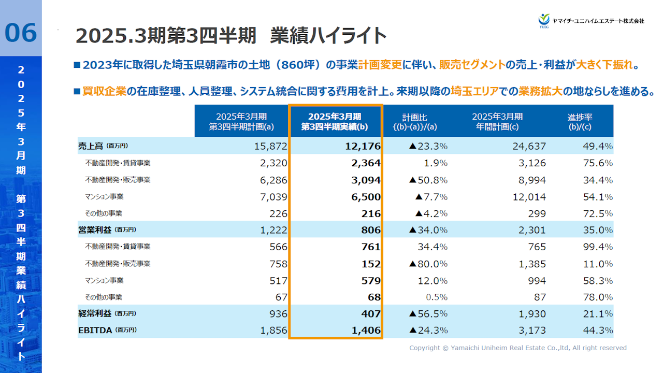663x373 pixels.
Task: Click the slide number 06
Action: pyautogui.click(x=21, y=33)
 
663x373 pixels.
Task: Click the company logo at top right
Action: pyautogui.click(x=591, y=20)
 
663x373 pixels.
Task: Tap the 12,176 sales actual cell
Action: pyautogui.click(x=363, y=146)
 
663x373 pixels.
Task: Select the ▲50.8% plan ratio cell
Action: pyautogui.click(x=428, y=180)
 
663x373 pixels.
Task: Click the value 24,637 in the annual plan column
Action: pyautogui.click(x=529, y=146)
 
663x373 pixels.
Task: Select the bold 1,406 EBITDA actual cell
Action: pyautogui.click(x=366, y=330)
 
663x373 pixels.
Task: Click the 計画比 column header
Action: pyautogui.click(x=414, y=122)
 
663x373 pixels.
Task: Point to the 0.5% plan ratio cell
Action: pyautogui.click(x=436, y=297)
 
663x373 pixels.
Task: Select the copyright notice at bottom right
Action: pyautogui.click(x=517, y=348)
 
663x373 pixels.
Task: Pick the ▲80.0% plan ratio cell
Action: pyautogui.click(x=428, y=264)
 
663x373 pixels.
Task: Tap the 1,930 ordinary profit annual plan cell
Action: pyautogui.click(x=532, y=313)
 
